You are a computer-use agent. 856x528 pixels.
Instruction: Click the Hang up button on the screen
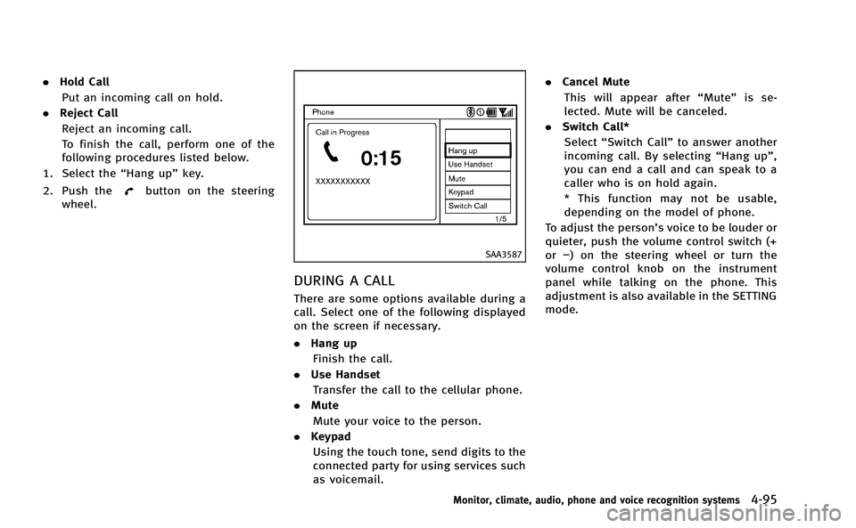coord(478,150)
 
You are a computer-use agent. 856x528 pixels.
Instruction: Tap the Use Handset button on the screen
coord(478,165)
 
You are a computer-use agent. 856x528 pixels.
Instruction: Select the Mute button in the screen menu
coord(478,178)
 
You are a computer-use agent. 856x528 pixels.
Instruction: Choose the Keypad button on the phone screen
coord(478,192)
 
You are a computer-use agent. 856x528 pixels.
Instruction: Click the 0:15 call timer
coord(381,158)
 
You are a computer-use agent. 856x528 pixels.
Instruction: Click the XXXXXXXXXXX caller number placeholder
coord(343,181)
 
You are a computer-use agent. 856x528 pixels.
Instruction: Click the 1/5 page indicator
coord(501,217)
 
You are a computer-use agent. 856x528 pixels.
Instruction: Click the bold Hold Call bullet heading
coord(85,82)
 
